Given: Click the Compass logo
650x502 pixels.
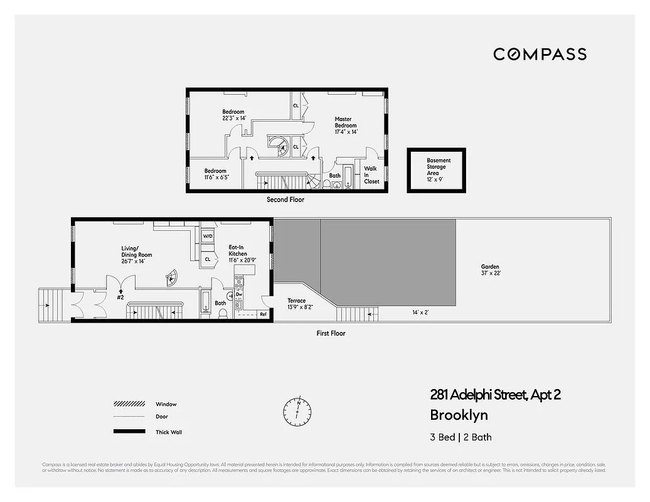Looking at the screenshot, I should pyautogui.click(x=540, y=54).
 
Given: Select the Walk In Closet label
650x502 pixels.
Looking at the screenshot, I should pyautogui.click(x=371, y=175).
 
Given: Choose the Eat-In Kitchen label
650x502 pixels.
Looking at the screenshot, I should pyautogui.click(x=238, y=254).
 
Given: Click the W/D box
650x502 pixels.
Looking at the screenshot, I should pyautogui.click(x=207, y=236).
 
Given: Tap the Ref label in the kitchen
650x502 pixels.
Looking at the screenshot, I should pyautogui.click(x=263, y=314).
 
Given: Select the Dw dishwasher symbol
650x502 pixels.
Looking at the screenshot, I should pyautogui.click(x=239, y=294).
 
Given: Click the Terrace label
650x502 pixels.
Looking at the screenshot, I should pyautogui.click(x=297, y=304).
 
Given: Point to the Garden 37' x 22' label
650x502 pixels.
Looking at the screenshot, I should pyautogui.click(x=490, y=270).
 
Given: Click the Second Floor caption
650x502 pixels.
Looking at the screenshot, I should pyautogui.click(x=285, y=200).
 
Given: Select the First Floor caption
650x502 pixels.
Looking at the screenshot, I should pyautogui.click(x=331, y=333).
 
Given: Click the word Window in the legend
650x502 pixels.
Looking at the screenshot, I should pyautogui.click(x=166, y=404).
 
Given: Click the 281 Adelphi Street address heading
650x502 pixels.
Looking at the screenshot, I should pyautogui.click(x=495, y=395).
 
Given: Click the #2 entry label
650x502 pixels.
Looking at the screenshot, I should pyautogui.click(x=120, y=298).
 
